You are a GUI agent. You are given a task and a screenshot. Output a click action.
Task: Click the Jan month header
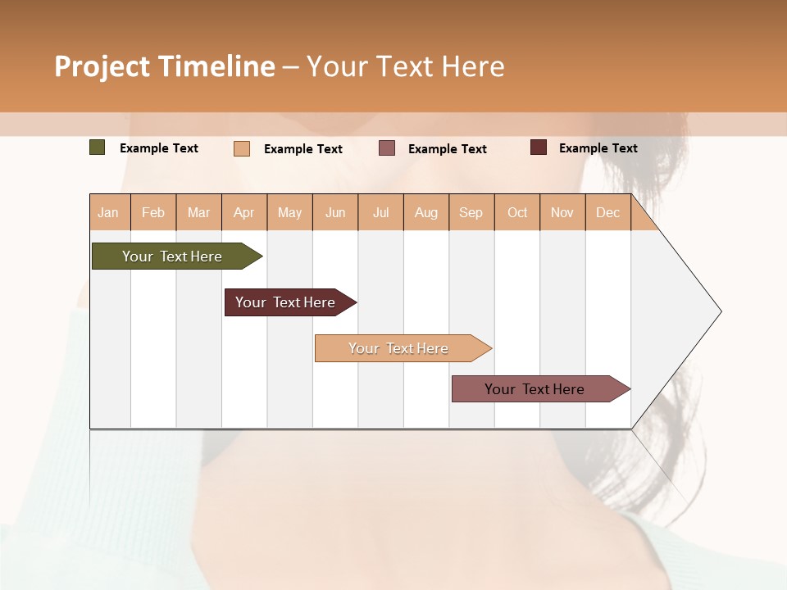[x=109, y=212]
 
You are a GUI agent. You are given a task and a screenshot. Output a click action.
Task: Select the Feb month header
[x=153, y=212]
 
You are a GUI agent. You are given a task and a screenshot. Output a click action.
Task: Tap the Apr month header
[x=244, y=212]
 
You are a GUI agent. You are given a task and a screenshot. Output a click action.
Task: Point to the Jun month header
[x=335, y=212]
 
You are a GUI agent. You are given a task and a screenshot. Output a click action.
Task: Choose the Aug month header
[x=426, y=212]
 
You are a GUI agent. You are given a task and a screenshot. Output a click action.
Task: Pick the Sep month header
[x=471, y=212]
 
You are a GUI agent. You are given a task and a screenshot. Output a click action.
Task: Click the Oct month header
[x=517, y=212]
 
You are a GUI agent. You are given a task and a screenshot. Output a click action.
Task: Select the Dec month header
[x=608, y=212]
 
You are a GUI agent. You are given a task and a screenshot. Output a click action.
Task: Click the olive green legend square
[x=98, y=147]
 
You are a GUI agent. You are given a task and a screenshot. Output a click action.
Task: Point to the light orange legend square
[x=242, y=148]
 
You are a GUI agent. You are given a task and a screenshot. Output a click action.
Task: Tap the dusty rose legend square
[x=387, y=148]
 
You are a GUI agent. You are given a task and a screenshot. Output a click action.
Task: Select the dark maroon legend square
[x=539, y=147]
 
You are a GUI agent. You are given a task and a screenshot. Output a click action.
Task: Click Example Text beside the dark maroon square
[x=598, y=148]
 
